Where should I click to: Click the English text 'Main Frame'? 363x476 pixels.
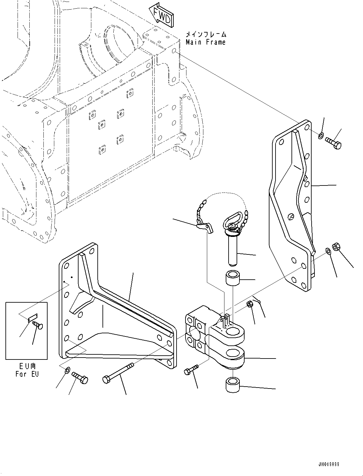point(206,42)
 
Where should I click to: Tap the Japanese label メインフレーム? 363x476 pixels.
point(206,34)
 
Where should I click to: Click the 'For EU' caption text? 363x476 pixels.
point(27,374)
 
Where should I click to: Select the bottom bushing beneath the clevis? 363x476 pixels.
point(233,384)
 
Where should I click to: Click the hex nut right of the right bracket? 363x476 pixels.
point(336,247)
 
